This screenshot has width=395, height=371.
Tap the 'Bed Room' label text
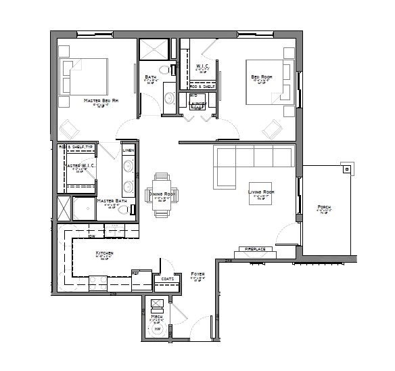pos(261,77)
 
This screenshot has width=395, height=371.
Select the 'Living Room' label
pos(260,192)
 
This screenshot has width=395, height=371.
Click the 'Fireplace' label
pos(254,249)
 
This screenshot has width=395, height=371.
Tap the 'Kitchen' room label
pos(104,253)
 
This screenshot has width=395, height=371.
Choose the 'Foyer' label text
pos(197,274)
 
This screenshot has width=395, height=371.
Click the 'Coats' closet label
pos(166,278)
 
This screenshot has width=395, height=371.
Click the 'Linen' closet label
pos(128,150)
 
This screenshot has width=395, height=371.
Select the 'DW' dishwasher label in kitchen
pos(91,237)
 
